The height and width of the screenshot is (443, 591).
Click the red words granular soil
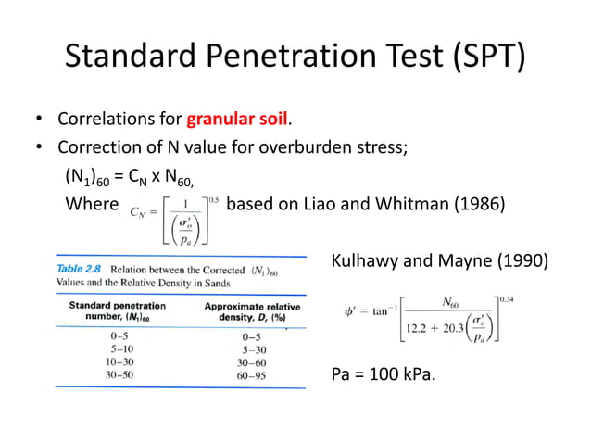[x=238, y=120]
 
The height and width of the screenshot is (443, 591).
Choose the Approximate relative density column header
[x=252, y=310]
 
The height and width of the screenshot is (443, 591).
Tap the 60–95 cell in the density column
[x=252, y=376]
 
